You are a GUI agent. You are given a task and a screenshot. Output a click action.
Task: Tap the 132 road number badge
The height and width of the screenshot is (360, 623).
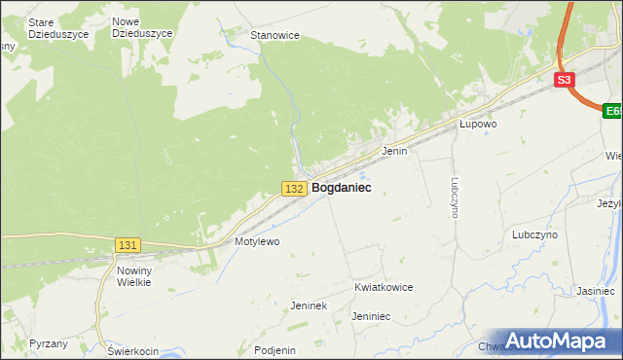pos(296,188)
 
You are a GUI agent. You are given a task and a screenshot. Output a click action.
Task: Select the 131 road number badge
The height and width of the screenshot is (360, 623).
pos(128,245)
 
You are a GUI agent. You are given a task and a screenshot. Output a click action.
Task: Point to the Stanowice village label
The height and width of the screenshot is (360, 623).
pos(275,35)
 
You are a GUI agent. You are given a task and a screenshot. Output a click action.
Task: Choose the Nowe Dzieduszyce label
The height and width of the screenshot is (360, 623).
pos(142,27)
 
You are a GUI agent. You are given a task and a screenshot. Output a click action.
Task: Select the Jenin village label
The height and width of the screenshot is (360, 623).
pos(394,152)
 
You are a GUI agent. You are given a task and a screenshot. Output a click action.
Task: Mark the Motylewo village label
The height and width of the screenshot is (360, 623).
pos(257,241)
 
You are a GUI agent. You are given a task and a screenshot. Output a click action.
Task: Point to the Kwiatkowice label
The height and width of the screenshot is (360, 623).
pos(384,288)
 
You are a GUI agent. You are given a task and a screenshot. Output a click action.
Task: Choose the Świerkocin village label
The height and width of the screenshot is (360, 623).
pos(133,350)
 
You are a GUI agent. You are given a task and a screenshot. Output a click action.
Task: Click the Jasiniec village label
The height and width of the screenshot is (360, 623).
pos(595,291)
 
